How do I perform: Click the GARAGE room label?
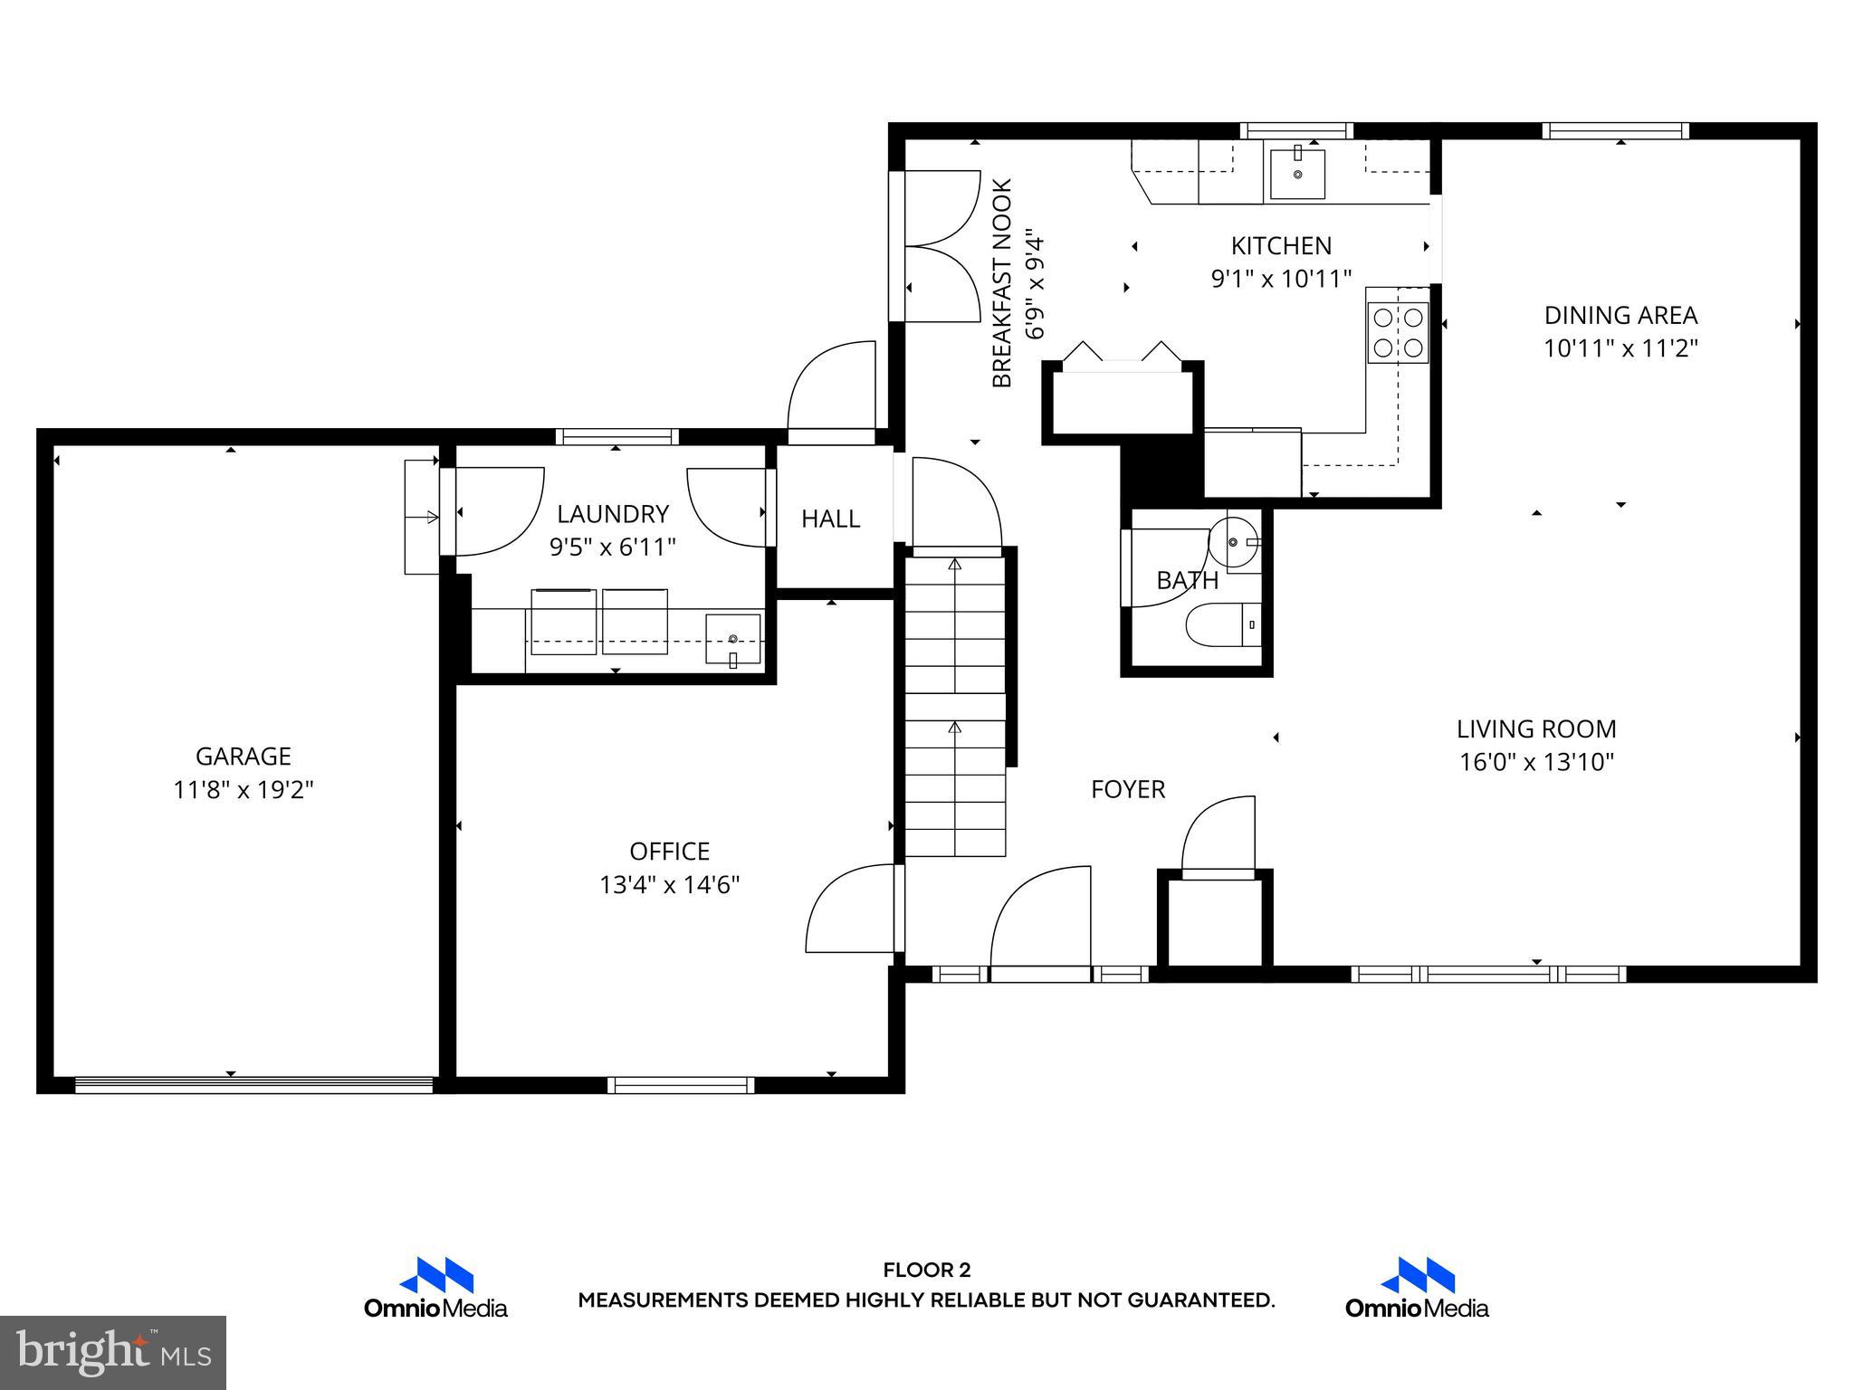click(x=243, y=756)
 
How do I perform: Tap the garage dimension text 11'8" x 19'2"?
click(x=243, y=790)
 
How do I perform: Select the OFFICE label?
click(x=669, y=851)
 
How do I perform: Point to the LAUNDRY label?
click(x=612, y=514)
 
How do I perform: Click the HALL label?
click(x=829, y=519)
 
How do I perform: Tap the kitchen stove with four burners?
click(x=1397, y=332)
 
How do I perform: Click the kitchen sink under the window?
click(x=1296, y=174)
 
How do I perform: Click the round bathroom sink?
click(x=1235, y=543)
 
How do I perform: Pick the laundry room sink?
click(x=732, y=639)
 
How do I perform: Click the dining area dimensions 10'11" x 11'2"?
click(x=1620, y=348)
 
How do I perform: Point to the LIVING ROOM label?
click(x=1535, y=728)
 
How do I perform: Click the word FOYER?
click(x=1127, y=789)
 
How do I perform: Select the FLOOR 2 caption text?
click(x=926, y=1271)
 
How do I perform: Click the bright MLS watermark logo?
click(x=112, y=1352)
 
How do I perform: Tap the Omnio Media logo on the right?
click(x=1416, y=1289)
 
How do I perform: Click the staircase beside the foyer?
click(x=955, y=706)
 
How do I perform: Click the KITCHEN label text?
click(x=1280, y=245)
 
